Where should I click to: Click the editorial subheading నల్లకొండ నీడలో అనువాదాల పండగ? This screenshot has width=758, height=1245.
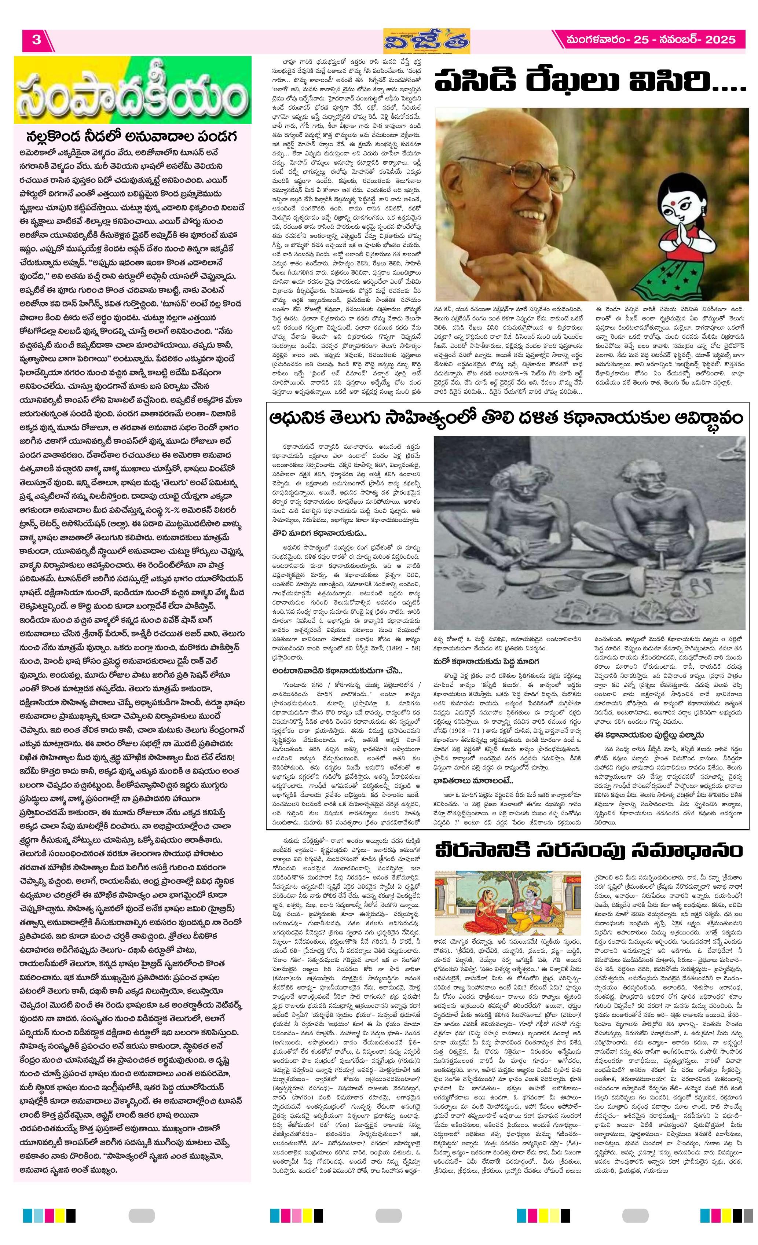pos(132,137)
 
